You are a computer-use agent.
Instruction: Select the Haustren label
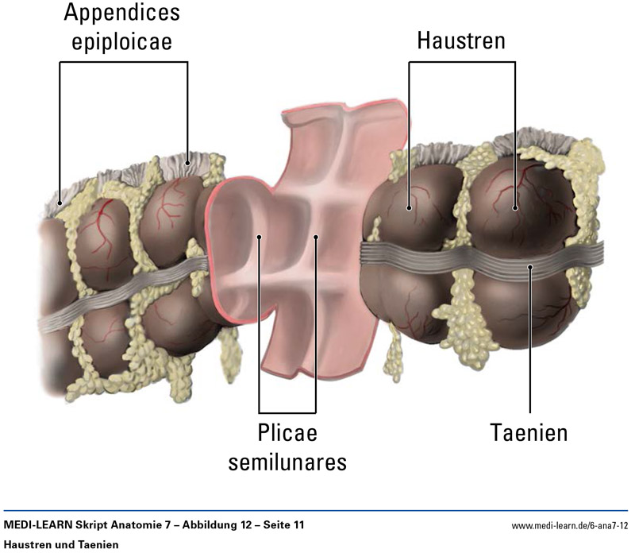(460, 41)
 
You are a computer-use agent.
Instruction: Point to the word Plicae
(287, 433)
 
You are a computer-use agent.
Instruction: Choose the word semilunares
(287, 462)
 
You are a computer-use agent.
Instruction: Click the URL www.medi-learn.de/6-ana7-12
(569, 526)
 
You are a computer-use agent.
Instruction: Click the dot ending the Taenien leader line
(529, 266)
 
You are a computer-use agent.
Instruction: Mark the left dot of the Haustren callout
(410, 209)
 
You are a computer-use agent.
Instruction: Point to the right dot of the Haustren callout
(515, 208)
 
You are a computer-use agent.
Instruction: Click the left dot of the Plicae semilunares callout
(260, 237)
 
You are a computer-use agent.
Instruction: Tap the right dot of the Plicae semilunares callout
(315, 237)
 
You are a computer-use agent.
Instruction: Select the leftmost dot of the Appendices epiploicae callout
(60, 202)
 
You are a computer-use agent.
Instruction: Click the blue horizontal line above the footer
(317, 511)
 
